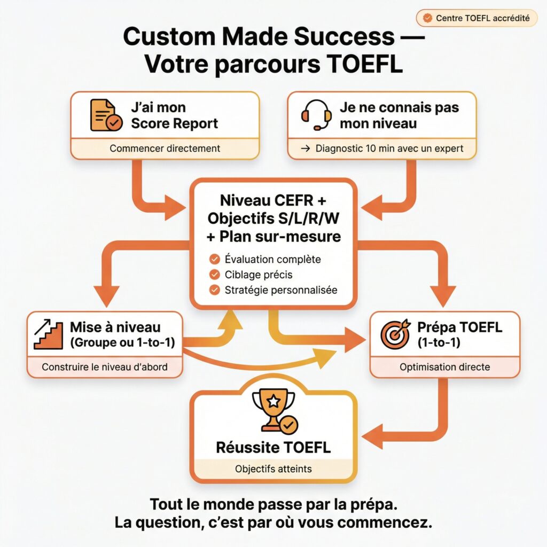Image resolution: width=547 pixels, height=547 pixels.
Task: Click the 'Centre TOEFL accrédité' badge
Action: (x=476, y=18)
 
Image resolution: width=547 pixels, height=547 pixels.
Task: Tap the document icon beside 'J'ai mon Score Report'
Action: (x=105, y=115)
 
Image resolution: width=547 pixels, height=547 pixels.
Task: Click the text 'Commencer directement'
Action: (x=165, y=149)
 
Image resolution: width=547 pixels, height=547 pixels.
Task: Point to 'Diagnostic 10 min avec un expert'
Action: (x=381, y=149)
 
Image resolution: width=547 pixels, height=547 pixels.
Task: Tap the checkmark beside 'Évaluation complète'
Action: (x=215, y=260)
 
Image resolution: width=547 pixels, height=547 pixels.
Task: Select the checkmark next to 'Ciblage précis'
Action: (x=215, y=275)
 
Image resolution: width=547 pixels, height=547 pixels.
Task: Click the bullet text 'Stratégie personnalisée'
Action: (x=281, y=291)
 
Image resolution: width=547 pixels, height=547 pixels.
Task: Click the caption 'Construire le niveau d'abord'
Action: (x=104, y=367)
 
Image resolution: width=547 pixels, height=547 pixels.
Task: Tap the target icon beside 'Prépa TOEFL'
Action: (x=395, y=334)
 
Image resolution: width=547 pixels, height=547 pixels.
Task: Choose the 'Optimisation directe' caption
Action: (x=444, y=367)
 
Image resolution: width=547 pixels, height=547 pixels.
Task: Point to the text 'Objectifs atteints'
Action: (x=273, y=470)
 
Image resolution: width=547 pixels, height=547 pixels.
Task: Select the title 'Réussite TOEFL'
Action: (x=273, y=447)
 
